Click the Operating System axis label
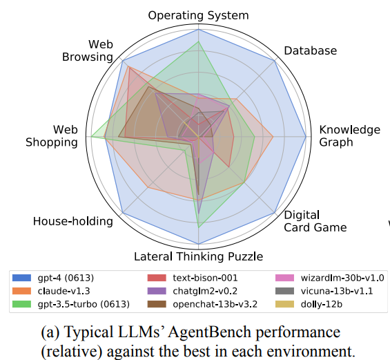point(199,15)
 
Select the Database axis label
point(311,50)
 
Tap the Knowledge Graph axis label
point(349,136)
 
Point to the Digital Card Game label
point(315,221)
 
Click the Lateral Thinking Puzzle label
point(199,256)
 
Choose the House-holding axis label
point(73,221)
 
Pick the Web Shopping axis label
point(52,136)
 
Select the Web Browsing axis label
point(88,50)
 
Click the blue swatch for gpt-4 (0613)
point(22,278)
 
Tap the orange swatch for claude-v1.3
point(22,291)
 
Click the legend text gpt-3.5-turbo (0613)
point(84,304)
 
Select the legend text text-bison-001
point(205,278)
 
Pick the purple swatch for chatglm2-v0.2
point(157,291)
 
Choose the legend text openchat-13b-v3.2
point(215,304)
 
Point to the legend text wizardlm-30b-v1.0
point(342,278)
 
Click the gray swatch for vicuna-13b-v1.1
point(285,291)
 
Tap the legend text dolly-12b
point(322,304)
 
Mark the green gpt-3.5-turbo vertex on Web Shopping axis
point(91,136)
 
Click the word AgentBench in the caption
point(209,332)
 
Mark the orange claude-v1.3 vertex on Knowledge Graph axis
point(273,136)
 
